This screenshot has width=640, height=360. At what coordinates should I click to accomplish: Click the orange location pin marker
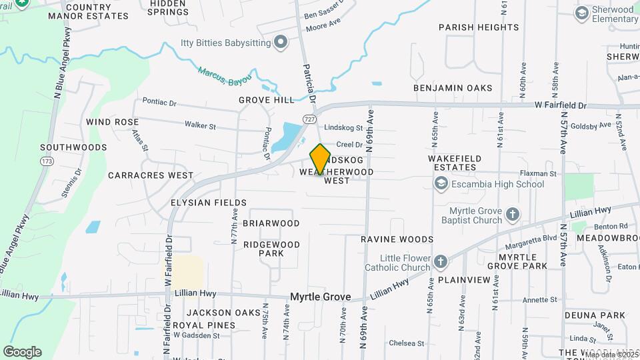[320, 159]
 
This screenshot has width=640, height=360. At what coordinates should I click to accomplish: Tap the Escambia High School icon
[441, 183]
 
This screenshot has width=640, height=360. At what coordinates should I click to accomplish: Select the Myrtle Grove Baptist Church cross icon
[512, 214]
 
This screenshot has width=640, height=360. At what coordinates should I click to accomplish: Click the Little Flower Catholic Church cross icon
[441, 261]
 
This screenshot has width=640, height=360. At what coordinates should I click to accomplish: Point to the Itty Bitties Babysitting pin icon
[281, 43]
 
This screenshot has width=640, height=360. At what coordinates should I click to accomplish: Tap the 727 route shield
[309, 119]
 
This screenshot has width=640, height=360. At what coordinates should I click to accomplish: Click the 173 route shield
[47, 161]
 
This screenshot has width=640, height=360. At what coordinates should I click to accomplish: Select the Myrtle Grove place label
[319, 297]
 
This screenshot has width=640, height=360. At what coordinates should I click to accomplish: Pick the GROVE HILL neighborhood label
[267, 100]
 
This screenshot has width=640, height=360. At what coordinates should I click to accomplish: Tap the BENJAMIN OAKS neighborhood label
[453, 88]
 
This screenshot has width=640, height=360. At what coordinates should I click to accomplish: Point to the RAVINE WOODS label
[397, 239]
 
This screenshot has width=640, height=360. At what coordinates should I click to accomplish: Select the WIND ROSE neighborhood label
[113, 123]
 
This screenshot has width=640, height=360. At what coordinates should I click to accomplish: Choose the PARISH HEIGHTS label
[478, 27]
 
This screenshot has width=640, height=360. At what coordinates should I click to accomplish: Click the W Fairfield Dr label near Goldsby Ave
[560, 105]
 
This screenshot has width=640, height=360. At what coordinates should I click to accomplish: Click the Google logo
[22, 351]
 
